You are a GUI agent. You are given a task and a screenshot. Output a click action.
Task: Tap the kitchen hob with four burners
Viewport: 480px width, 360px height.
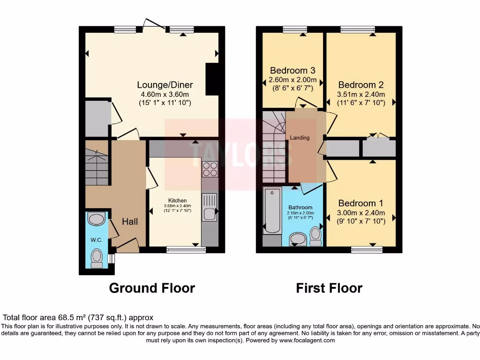point(210,169)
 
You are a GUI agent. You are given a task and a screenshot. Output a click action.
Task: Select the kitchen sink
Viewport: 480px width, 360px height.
point(209,207)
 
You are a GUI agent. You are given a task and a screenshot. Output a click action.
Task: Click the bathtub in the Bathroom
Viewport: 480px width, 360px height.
point(271,210)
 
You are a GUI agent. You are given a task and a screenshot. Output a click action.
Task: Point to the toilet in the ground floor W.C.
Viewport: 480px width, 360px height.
point(97,257)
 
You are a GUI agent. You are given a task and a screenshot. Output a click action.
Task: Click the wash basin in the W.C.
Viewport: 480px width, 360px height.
point(97,219)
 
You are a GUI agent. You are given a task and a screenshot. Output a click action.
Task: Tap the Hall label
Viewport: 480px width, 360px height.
point(130,221)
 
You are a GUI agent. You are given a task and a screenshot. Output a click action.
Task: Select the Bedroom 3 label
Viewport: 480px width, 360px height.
point(292,70)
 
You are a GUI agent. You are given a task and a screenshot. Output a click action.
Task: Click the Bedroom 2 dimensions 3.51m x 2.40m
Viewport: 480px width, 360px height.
point(361,94)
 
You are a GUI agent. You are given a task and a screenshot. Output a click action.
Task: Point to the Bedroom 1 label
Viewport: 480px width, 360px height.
point(360,203)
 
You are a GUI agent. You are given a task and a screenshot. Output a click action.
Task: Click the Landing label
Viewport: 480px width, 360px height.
point(300,138)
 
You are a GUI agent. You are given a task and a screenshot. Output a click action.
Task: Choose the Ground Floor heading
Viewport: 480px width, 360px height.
point(152,288)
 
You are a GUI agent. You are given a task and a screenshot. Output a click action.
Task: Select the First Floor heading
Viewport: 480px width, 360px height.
point(329,288)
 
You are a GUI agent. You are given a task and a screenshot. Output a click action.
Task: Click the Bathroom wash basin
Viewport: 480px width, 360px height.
point(297,239)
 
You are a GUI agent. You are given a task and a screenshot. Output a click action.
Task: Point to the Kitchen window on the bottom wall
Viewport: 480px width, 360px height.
point(186,250)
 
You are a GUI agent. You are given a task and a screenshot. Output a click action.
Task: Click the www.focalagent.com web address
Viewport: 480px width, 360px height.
point(307,340)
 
